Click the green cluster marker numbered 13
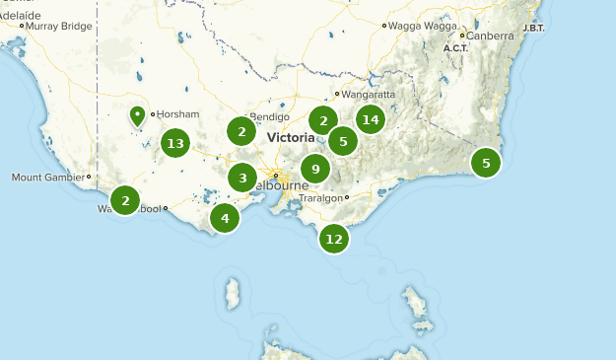(175, 143)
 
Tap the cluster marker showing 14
(370, 120)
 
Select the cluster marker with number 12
(334, 238)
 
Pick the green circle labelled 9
(315, 169)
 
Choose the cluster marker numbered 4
(225, 218)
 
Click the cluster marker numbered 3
(242, 179)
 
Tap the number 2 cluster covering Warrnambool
(125, 200)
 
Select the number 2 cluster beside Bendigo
(241, 130)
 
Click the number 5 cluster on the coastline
(486, 162)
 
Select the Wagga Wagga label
(418, 25)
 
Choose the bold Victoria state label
(291, 138)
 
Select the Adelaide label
(20, 16)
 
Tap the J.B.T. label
(532, 28)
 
